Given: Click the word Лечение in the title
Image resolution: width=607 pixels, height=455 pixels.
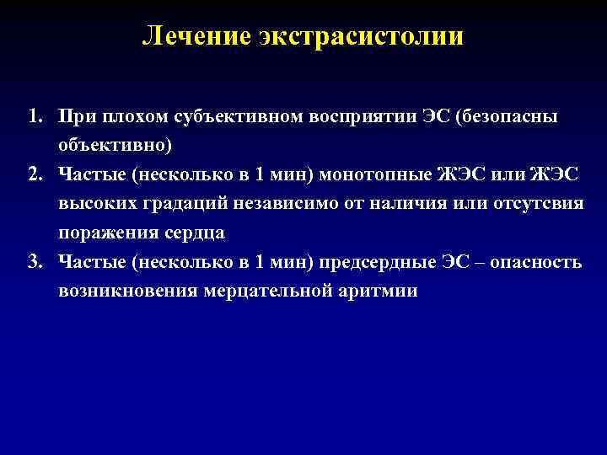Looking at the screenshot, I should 186,35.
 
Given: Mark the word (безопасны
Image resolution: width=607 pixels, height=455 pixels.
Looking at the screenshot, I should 505,115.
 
